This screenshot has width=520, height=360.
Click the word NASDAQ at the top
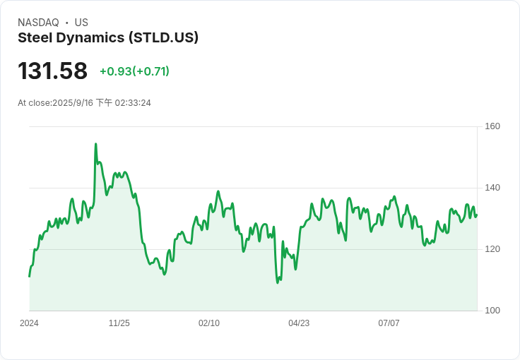38,23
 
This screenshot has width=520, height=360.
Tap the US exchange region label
81,23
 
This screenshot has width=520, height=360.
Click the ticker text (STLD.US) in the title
163,37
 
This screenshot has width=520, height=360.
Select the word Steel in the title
35,37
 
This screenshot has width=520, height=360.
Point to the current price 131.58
52,71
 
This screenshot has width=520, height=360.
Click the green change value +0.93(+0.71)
135,71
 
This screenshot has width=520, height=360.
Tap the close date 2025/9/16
73,103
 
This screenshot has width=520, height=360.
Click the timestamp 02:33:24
133,103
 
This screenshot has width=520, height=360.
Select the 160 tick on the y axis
492,126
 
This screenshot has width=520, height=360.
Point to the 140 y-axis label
492,188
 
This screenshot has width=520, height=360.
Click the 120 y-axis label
492,249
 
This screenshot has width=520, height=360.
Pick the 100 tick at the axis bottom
492,311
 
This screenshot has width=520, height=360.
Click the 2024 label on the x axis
29,323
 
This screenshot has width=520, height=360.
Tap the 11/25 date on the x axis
119,323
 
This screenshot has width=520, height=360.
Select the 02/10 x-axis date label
209,323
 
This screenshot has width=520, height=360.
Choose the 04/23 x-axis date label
299,323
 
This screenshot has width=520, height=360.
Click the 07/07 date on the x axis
389,323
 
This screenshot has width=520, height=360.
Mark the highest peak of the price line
95,144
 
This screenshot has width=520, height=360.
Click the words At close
35,103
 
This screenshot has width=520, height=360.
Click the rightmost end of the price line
477,215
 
